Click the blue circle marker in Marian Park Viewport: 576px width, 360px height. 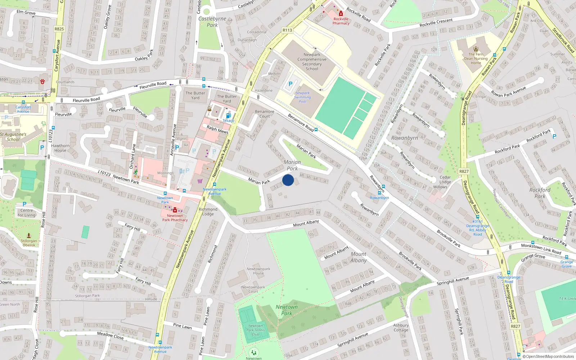(288, 180)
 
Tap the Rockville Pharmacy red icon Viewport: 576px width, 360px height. (341, 14)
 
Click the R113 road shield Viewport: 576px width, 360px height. (287, 30)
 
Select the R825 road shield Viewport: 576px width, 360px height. (59, 29)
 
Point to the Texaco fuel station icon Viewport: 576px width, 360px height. (228, 116)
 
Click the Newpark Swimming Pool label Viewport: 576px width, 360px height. (302, 97)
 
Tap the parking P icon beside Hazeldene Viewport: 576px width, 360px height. (290, 84)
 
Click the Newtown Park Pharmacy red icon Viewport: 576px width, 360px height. (175, 210)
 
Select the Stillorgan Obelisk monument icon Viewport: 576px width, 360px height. (29, 235)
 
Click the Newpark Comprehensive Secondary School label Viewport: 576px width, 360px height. (312, 62)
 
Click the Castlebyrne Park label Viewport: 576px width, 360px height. (212, 22)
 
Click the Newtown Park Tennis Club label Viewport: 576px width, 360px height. (255, 330)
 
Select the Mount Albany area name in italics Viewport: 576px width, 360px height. (358, 257)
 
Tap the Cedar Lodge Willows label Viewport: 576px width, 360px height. (445, 182)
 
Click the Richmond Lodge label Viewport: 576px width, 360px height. (208, 211)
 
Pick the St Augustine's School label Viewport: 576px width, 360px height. (13, 137)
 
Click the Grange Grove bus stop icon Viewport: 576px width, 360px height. (566, 257)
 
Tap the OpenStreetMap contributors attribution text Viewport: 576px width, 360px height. (549, 356)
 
